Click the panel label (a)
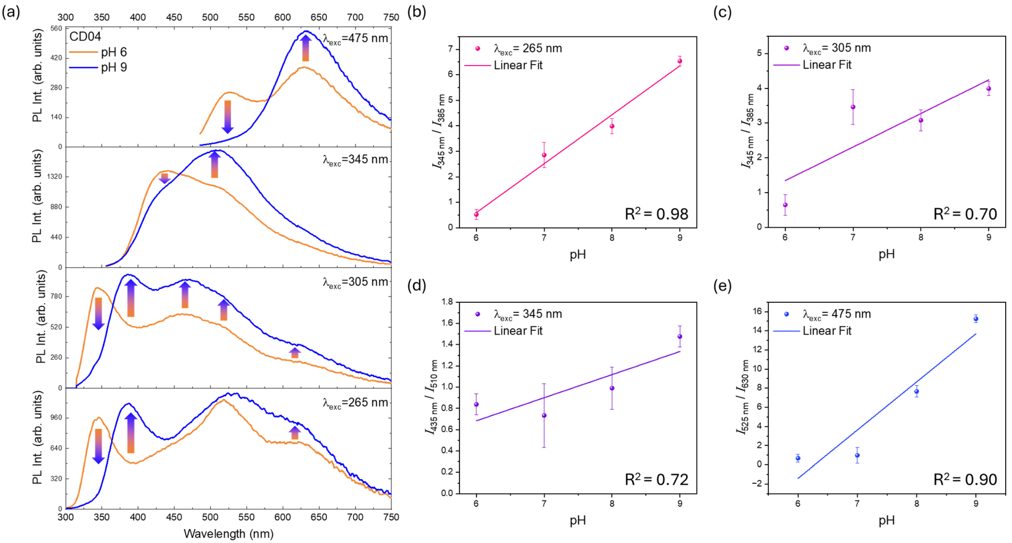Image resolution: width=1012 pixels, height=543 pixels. click(x=11, y=12)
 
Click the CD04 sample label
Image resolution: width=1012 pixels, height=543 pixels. click(x=85, y=37)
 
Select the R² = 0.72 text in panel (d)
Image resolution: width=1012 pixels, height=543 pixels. click(x=656, y=479)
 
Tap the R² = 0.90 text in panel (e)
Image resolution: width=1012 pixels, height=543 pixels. click(x=965, y=479)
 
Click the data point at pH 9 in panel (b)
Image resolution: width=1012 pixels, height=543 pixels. click(x=680, y=61)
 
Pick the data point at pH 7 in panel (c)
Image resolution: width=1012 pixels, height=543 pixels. click(x=853, y=107)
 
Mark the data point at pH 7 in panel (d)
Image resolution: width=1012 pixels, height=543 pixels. click(x=544, y=415)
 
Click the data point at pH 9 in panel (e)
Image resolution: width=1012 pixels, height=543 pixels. click(x=976, y=319)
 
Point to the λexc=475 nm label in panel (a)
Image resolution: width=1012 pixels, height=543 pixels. click(x=355, y=38)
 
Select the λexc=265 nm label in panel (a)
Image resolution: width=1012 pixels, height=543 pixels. click(x=355, y=403)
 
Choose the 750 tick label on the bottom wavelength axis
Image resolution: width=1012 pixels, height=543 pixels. click(x=391, y=517)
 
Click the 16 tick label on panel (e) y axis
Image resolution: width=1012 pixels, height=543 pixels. click(x=757, y=311)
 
